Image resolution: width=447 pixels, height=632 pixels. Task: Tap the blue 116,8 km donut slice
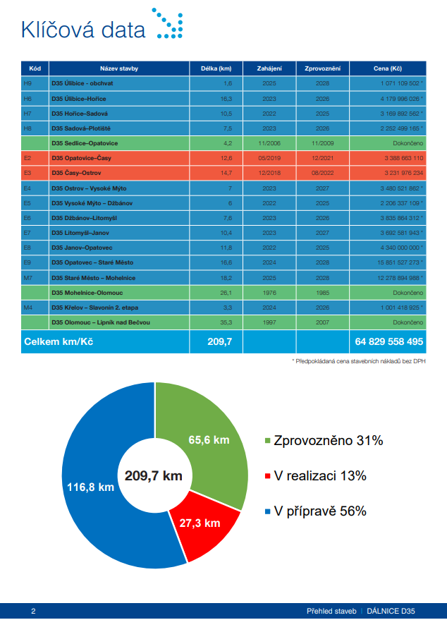click(99, 487)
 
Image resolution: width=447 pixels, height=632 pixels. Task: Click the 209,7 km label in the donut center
click(154, 475)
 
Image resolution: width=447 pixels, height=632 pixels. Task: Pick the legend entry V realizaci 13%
click(315, 475)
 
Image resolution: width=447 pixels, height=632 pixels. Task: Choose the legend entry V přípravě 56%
click(315, 511)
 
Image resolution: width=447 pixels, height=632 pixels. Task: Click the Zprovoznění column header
click(322, 68)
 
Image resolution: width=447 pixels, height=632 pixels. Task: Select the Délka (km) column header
click(216, 68)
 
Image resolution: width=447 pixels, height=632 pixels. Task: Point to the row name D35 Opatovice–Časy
click(80, 158)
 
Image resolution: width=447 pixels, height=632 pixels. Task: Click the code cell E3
click(27, 173)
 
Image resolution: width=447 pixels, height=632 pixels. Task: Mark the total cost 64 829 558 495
click(389, 341)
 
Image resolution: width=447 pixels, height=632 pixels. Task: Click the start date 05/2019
click(270, 158)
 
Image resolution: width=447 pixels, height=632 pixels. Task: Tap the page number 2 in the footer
click(33, 611)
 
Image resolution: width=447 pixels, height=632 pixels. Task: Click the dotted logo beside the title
click(168, 23)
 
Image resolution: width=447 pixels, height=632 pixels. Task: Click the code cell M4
click(27, 307)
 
